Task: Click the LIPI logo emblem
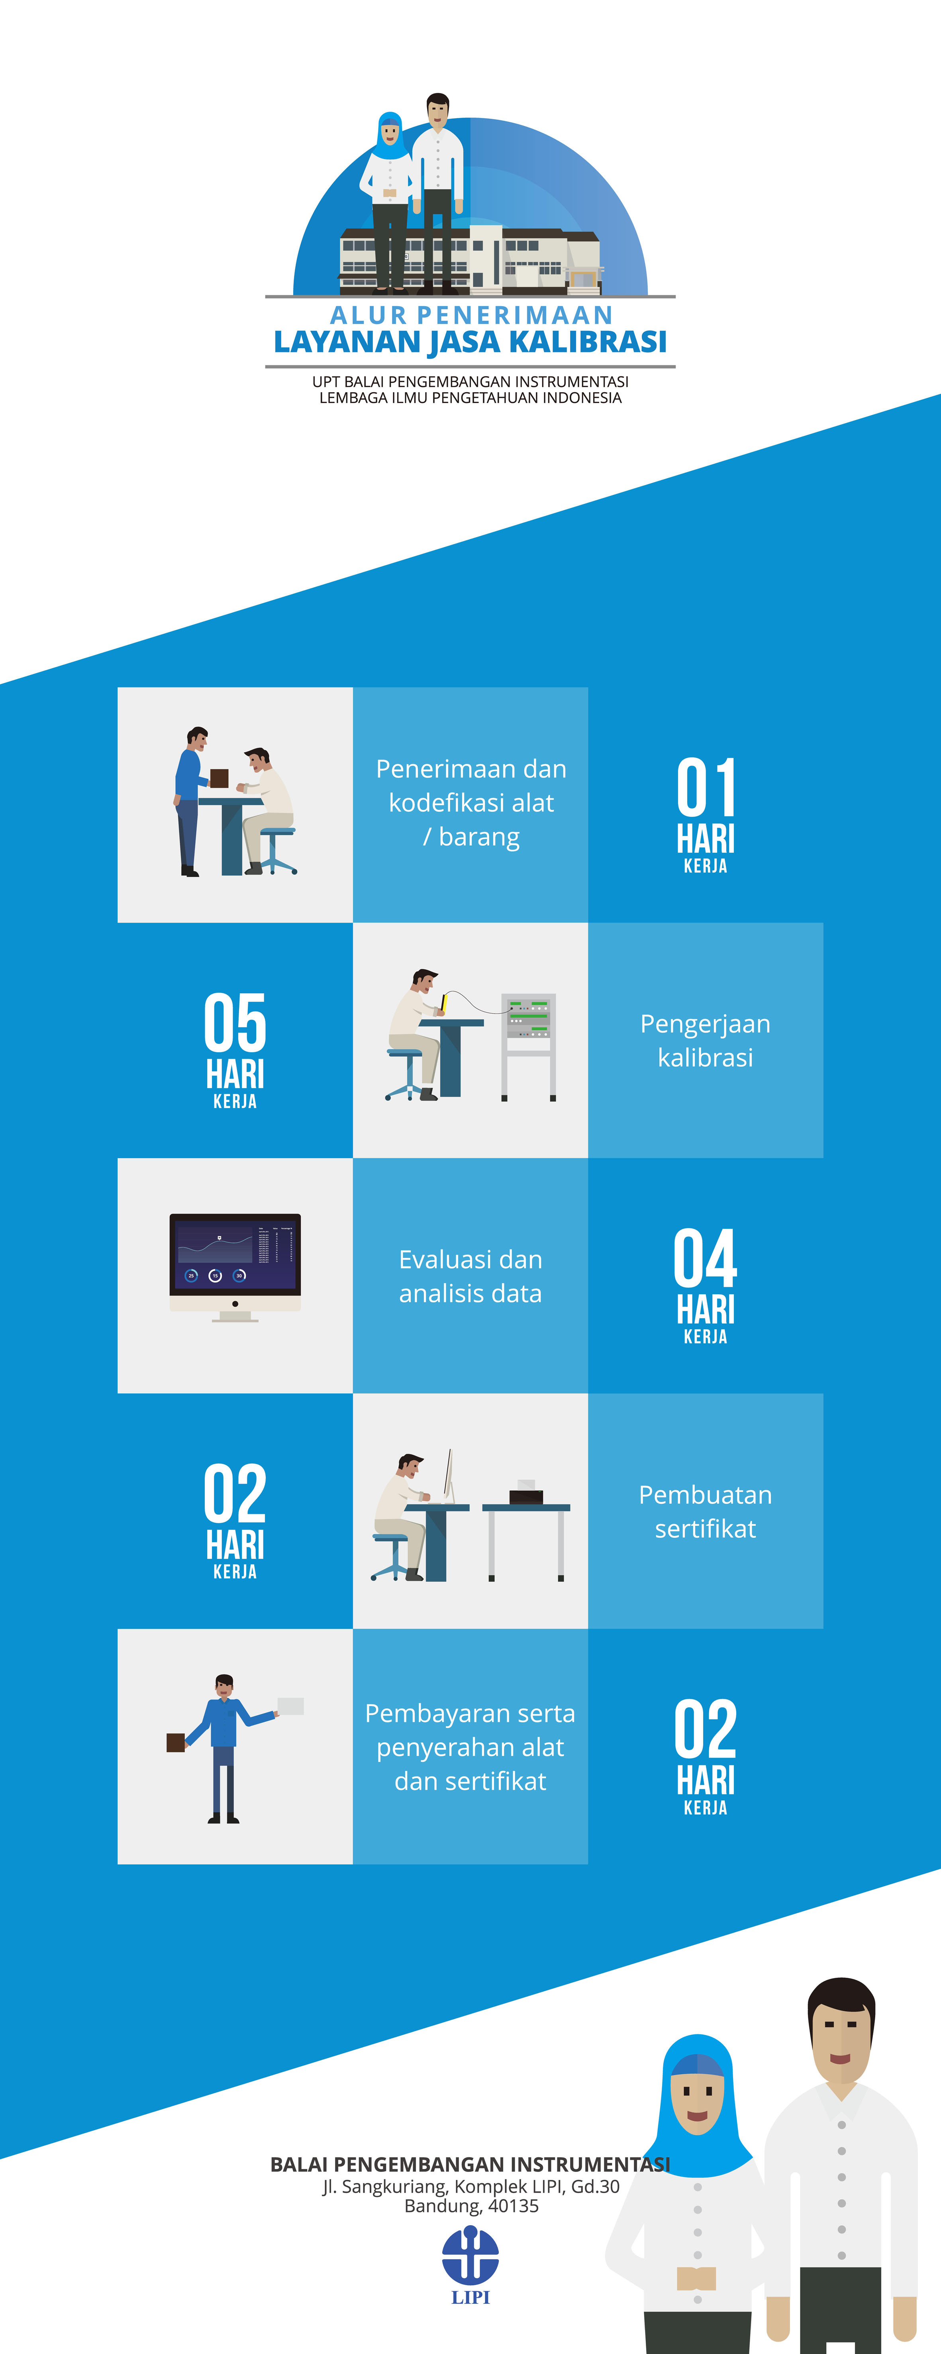coord(470,2254)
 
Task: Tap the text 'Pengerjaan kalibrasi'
coord(705,1040)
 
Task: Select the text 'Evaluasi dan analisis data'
coord(470,1276)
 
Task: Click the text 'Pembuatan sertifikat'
coord(705,1511)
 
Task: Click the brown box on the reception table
coord(219,778)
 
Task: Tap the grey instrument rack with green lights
coord(529,1046)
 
